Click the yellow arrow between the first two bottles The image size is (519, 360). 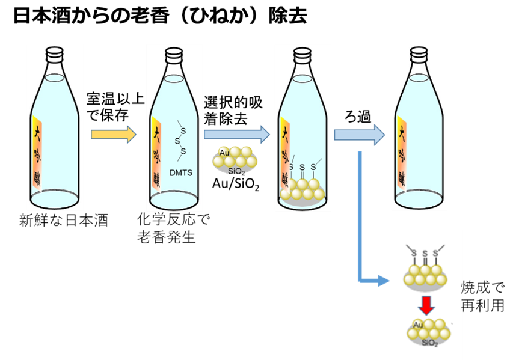point(114,134)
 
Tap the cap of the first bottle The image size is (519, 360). point(54,53)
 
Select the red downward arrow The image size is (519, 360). point(427,305)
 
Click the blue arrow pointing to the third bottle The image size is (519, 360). point(237,135)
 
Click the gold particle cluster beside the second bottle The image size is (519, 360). point(235,160)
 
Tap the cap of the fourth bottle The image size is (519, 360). point(419,53)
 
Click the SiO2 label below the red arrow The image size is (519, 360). point(429,343)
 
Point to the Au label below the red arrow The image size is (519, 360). point(419,325)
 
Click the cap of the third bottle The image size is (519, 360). point(302,53)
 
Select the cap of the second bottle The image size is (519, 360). point(174,53)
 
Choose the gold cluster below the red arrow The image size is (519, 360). point(428,334)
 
